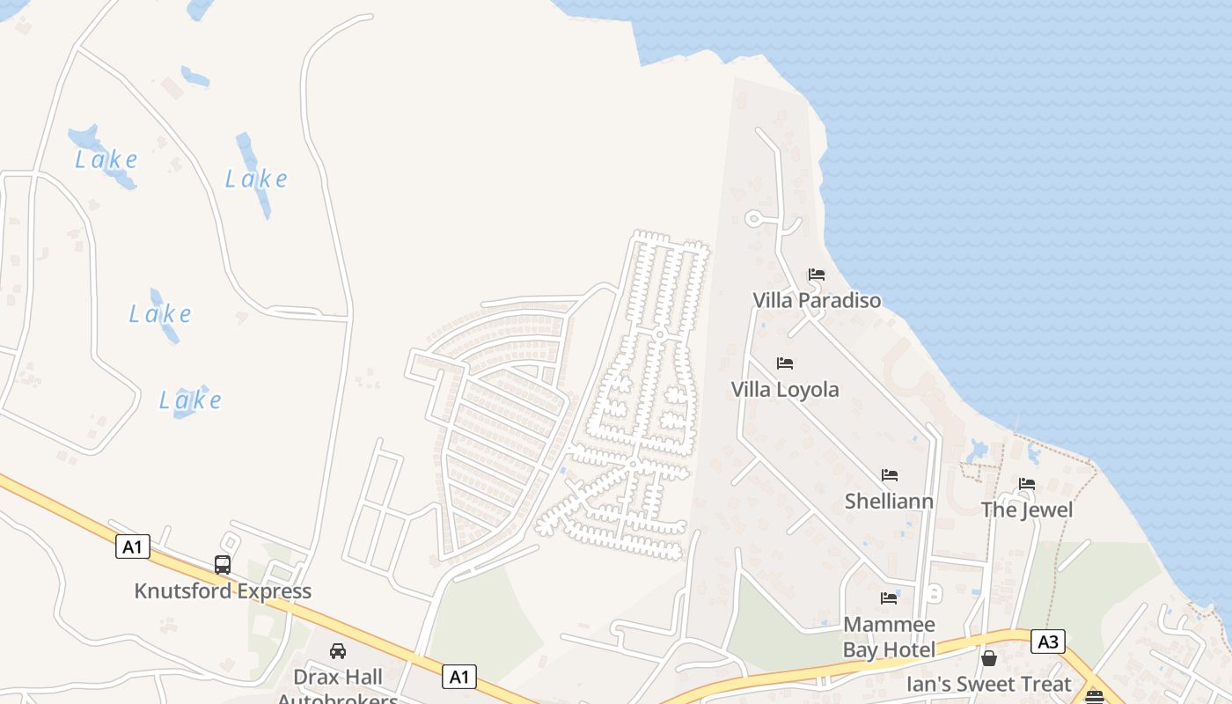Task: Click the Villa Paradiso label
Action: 817,301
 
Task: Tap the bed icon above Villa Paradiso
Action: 817,275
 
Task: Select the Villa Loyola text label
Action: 785,390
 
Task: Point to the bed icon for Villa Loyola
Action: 785,363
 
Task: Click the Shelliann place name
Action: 889,502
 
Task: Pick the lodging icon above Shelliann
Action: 890,475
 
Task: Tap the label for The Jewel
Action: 1027,510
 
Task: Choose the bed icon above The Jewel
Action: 1027,484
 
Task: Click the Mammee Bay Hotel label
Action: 889,637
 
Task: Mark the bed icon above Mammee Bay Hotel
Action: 889,598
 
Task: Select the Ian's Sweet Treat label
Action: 989,684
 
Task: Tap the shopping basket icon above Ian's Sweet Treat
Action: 989,658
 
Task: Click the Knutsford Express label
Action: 223,591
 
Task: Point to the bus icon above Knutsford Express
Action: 223,565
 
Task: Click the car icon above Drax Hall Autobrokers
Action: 338,651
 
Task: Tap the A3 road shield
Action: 1048,642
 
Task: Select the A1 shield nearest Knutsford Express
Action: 132,547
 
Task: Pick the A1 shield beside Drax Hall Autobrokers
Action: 458,677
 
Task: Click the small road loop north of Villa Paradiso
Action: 753,218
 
